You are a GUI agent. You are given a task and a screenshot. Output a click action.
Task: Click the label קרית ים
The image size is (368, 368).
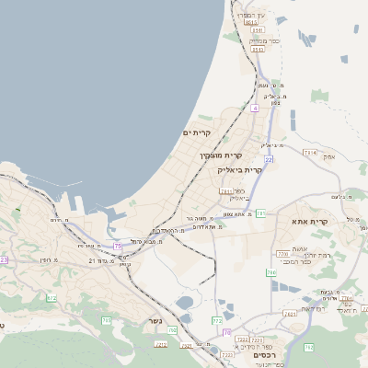(x=197, y=133)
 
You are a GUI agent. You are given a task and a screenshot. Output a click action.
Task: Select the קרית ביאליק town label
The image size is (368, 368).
(x=241, y=170)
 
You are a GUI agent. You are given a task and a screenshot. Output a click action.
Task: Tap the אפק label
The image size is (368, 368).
(x=329, y=157)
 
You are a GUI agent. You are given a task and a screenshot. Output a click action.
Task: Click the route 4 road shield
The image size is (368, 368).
(x=254, y=108)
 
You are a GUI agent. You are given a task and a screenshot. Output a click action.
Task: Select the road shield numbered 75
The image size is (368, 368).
(x=118, y=246)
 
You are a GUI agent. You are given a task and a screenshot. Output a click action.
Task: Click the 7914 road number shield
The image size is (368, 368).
(x=309, y=152)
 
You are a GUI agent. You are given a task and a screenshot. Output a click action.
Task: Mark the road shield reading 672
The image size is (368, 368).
(x=52, y=298)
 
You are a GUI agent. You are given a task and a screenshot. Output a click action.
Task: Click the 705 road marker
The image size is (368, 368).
(x=107, y=320)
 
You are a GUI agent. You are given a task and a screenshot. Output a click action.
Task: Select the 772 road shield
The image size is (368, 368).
(x=217, y=320)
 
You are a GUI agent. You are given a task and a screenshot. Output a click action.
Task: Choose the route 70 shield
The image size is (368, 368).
(x=172, y=329)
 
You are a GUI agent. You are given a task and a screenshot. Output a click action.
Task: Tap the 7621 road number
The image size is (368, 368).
(x=291, y=314)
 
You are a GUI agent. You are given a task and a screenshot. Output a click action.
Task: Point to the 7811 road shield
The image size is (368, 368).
(x=225, y=190)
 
